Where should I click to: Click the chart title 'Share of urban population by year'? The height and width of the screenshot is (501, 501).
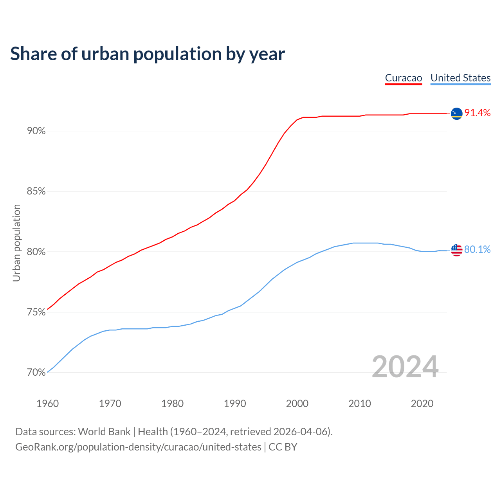click(148, 54)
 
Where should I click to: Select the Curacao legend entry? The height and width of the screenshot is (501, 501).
click(404, 78)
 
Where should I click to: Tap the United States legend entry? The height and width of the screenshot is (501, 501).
click(460, 78)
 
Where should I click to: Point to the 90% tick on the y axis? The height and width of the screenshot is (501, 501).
click(36, 131)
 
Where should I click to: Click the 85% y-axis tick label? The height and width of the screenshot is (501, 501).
click(36, 191)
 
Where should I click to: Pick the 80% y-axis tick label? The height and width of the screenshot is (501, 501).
click(36, 252)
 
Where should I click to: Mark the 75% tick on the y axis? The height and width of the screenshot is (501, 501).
click(36, 312)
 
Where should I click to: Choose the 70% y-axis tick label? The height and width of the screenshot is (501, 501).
click(36, 373)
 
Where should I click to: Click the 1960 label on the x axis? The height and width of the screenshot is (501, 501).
click(48, 404)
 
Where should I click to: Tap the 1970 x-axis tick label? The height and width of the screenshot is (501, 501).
click(110, 404)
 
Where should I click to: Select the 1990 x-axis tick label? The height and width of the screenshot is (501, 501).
click(235, 404)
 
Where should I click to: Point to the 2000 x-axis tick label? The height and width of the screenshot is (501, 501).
click(297, 404)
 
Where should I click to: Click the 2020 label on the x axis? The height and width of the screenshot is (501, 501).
click(422, 404)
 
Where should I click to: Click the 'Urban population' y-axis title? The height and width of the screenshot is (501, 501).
click(16, 243)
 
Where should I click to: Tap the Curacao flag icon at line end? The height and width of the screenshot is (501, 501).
click(456, 114)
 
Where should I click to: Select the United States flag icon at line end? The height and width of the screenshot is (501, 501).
click(456, 250)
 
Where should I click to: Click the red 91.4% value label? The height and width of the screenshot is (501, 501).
click(478, 113)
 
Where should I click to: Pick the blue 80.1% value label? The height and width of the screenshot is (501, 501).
click(478, 250)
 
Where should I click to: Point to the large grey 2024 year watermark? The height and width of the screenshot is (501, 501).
click(405, 367)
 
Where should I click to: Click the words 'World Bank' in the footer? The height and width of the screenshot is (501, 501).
click(104, 432)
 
